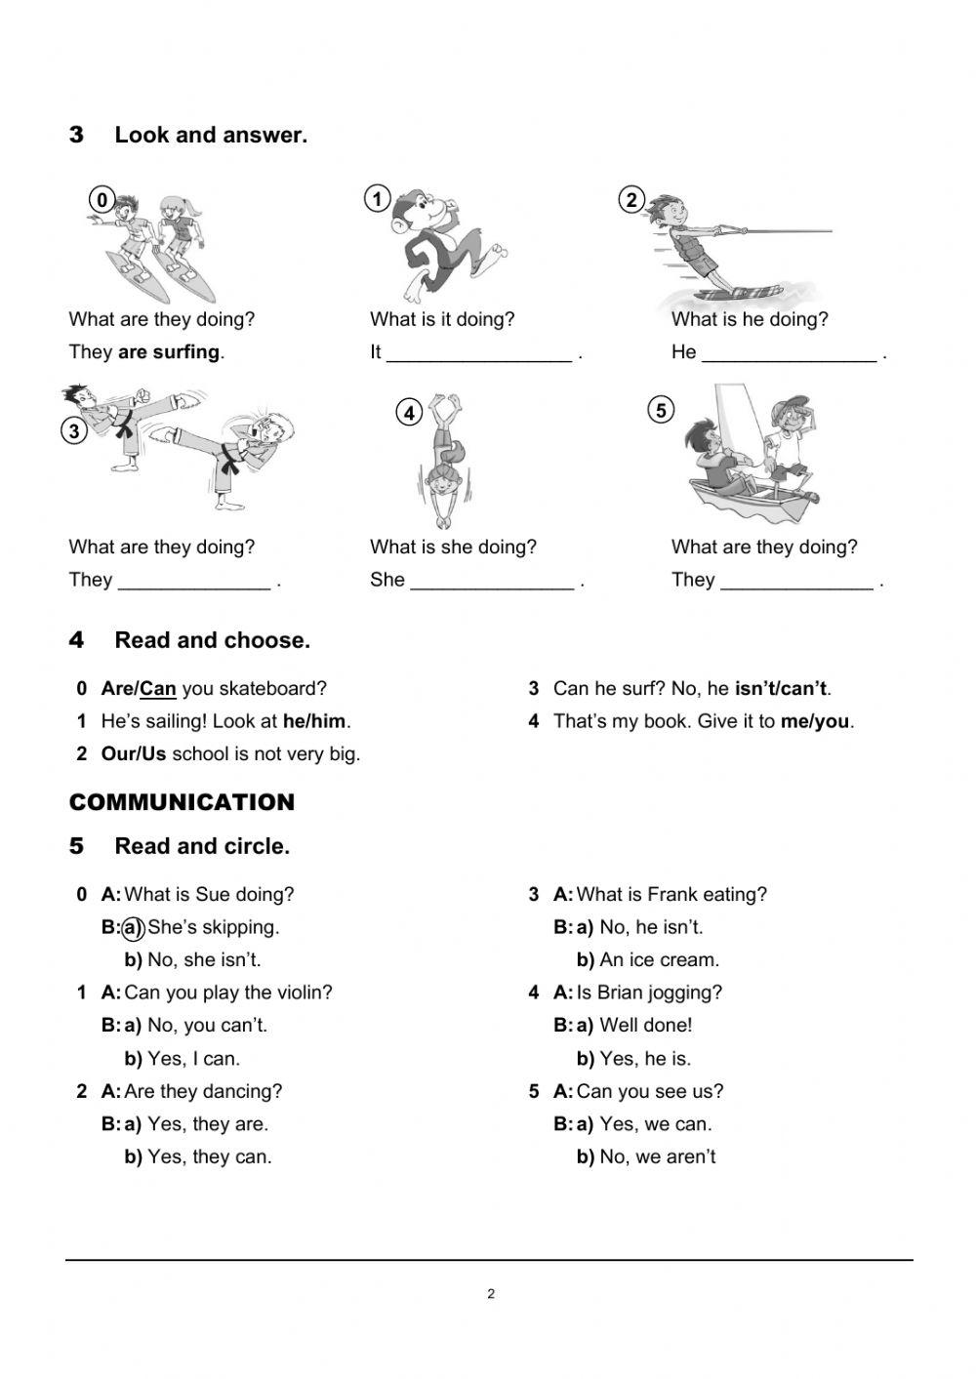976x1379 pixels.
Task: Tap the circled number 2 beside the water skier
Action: [x=631, y=200]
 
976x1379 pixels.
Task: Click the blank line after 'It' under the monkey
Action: [x=478, y=354]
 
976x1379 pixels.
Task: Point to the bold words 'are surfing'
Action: [x=169, y=352]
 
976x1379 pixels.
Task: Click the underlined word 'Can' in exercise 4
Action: [x=158, y=689]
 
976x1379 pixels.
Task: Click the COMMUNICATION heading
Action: [x=182, y=803]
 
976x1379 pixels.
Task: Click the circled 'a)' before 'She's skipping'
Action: [x=133, y=927]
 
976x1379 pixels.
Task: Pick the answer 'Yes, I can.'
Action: [x=193, y=1059]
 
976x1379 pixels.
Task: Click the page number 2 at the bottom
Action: [x=491, y=1295]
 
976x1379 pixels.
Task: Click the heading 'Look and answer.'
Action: [x=211, y=136]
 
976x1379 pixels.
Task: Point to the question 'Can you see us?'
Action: [x=649, y=1092]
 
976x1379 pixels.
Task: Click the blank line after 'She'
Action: [x=492, y=583]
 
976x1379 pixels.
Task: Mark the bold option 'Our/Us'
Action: [x=134, y=754]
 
